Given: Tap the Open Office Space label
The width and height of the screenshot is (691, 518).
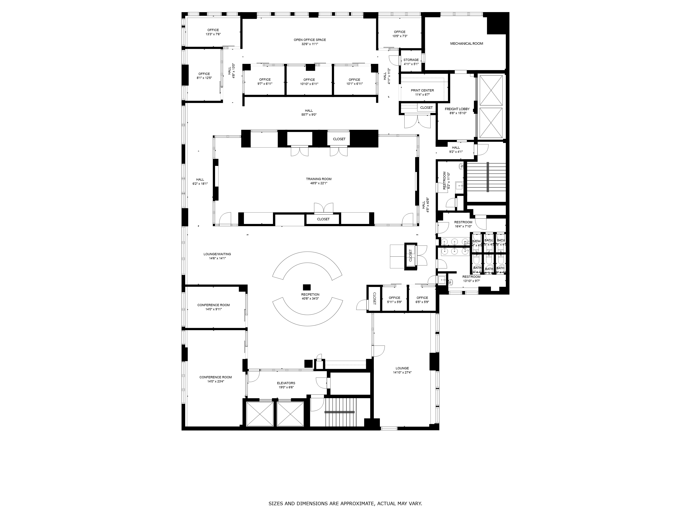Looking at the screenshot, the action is click(x=310, y=40).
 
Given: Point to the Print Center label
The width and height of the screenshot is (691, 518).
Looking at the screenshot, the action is click(x=422, y=90).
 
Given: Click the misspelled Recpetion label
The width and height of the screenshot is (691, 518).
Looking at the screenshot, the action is click(x=310, y=294).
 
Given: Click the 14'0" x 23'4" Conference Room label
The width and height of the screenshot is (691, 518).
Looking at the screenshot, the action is click(x=216, y=377).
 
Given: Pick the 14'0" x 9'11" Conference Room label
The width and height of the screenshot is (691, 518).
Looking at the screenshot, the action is click(x=213, y=305).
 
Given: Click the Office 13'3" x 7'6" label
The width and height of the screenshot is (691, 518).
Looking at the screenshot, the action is click(x=213, y=30).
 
